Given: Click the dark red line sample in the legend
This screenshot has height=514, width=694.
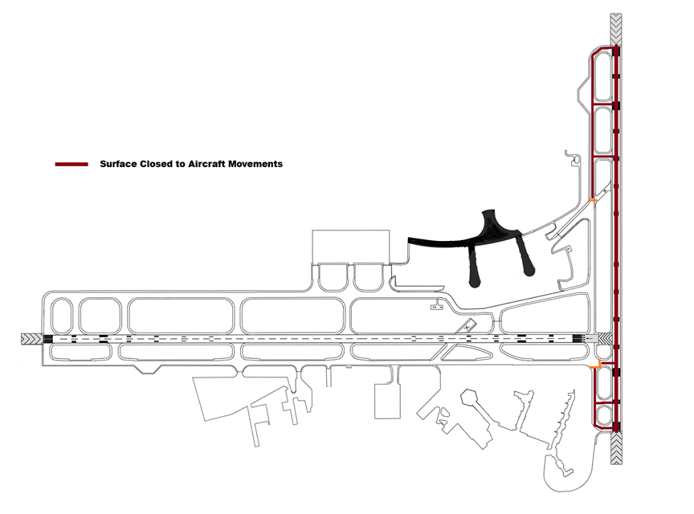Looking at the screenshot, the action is (71, 164).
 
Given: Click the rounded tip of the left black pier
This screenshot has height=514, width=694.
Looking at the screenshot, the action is (476, 282).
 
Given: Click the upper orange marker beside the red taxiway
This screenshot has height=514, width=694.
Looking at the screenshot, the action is (593, 200).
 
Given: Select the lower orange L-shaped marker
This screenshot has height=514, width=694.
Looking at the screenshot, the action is (594, 367).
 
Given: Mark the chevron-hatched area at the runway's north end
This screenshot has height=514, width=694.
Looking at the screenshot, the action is (616, 30).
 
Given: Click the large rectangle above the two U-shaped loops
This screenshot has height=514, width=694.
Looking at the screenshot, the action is (350, 247).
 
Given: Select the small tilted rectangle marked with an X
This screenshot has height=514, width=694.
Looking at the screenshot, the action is (467, 327).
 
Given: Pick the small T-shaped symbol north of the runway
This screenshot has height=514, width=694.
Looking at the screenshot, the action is (437, 306).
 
